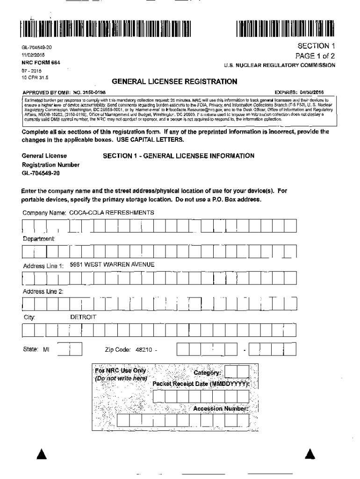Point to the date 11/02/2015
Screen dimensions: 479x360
[33, 55]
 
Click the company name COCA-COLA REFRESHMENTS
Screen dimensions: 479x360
[111, 213]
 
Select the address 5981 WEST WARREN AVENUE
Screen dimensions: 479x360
[112, 265]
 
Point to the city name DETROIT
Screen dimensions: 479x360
[83, 317]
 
